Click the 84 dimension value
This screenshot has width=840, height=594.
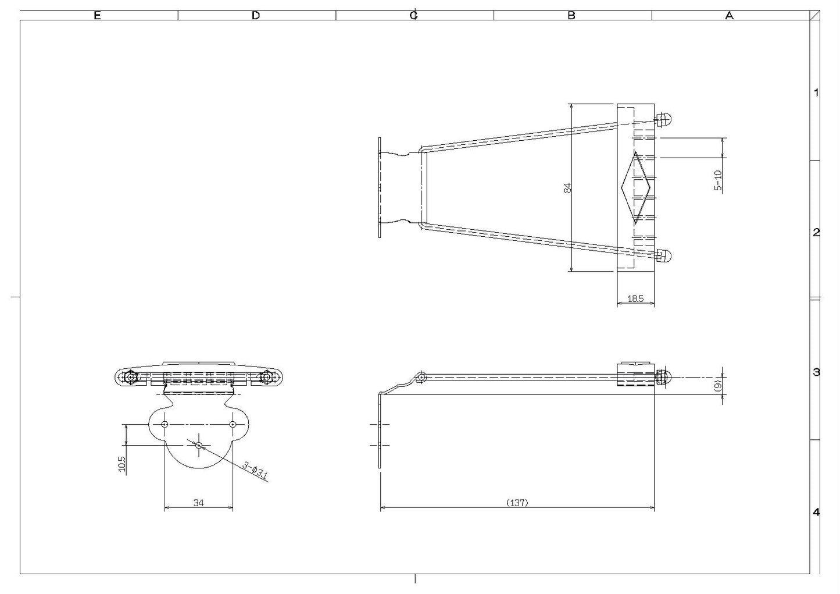click(568, 187)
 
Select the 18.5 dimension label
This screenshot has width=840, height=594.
click(635, 298)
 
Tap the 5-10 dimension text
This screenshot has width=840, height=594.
click(718, 180)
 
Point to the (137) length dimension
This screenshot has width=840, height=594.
click(517, 502)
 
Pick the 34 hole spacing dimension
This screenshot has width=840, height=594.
click(198, 502)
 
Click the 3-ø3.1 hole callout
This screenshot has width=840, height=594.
click(256, 470)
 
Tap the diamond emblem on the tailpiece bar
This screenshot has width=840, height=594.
click(635, 188)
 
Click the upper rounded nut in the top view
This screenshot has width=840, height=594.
click(664, 121)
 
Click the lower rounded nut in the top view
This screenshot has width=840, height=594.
click(664, 255)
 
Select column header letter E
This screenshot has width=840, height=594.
click(97, 16)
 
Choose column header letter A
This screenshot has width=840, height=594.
click(729, 16)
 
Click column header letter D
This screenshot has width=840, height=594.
click(256, 16)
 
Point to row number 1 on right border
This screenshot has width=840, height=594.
click(816, 92)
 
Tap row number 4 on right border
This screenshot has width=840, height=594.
click(816, 512)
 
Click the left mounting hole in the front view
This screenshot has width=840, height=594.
click(165, 424)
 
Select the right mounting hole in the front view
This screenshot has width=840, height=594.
click(233, 424)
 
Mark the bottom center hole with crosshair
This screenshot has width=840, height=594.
click(199, 445)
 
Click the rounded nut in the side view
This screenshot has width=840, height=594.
click(664, 377)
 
